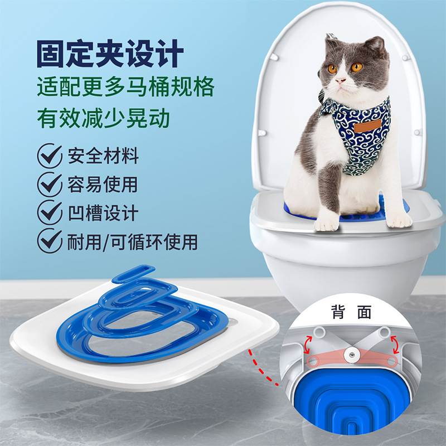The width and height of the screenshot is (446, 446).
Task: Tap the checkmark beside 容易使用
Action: [50, 185]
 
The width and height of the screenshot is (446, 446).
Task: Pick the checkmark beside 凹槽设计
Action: [50, 213]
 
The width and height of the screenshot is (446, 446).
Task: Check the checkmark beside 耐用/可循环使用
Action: [50, 241]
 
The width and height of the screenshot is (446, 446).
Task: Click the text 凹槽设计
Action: [103, 213]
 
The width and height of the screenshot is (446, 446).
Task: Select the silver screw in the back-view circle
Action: [352, 353]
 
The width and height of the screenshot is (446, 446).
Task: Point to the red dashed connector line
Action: [262, 365]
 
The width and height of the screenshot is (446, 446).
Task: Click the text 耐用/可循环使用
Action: [133, 241]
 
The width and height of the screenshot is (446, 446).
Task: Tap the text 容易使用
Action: [103, 185]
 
